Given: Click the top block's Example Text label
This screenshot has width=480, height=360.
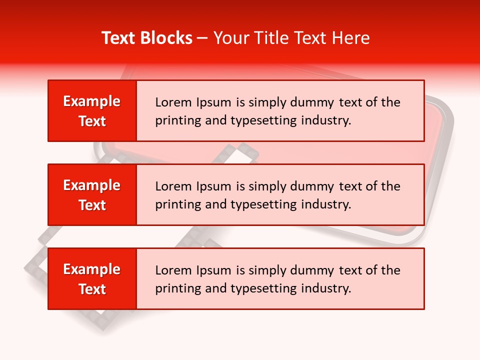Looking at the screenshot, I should tap(92, 111).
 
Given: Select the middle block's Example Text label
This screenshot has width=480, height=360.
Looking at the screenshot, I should tap(92, 195).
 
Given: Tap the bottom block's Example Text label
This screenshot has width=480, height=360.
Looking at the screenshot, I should tap(92, 279).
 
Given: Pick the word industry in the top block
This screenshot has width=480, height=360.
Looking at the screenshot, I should tap(326, 120).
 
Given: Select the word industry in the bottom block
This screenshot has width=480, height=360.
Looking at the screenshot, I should tap(326, 288).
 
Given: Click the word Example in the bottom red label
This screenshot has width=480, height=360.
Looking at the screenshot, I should tap(92, 269).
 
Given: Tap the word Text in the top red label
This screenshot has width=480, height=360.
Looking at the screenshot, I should tap(92, 121).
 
